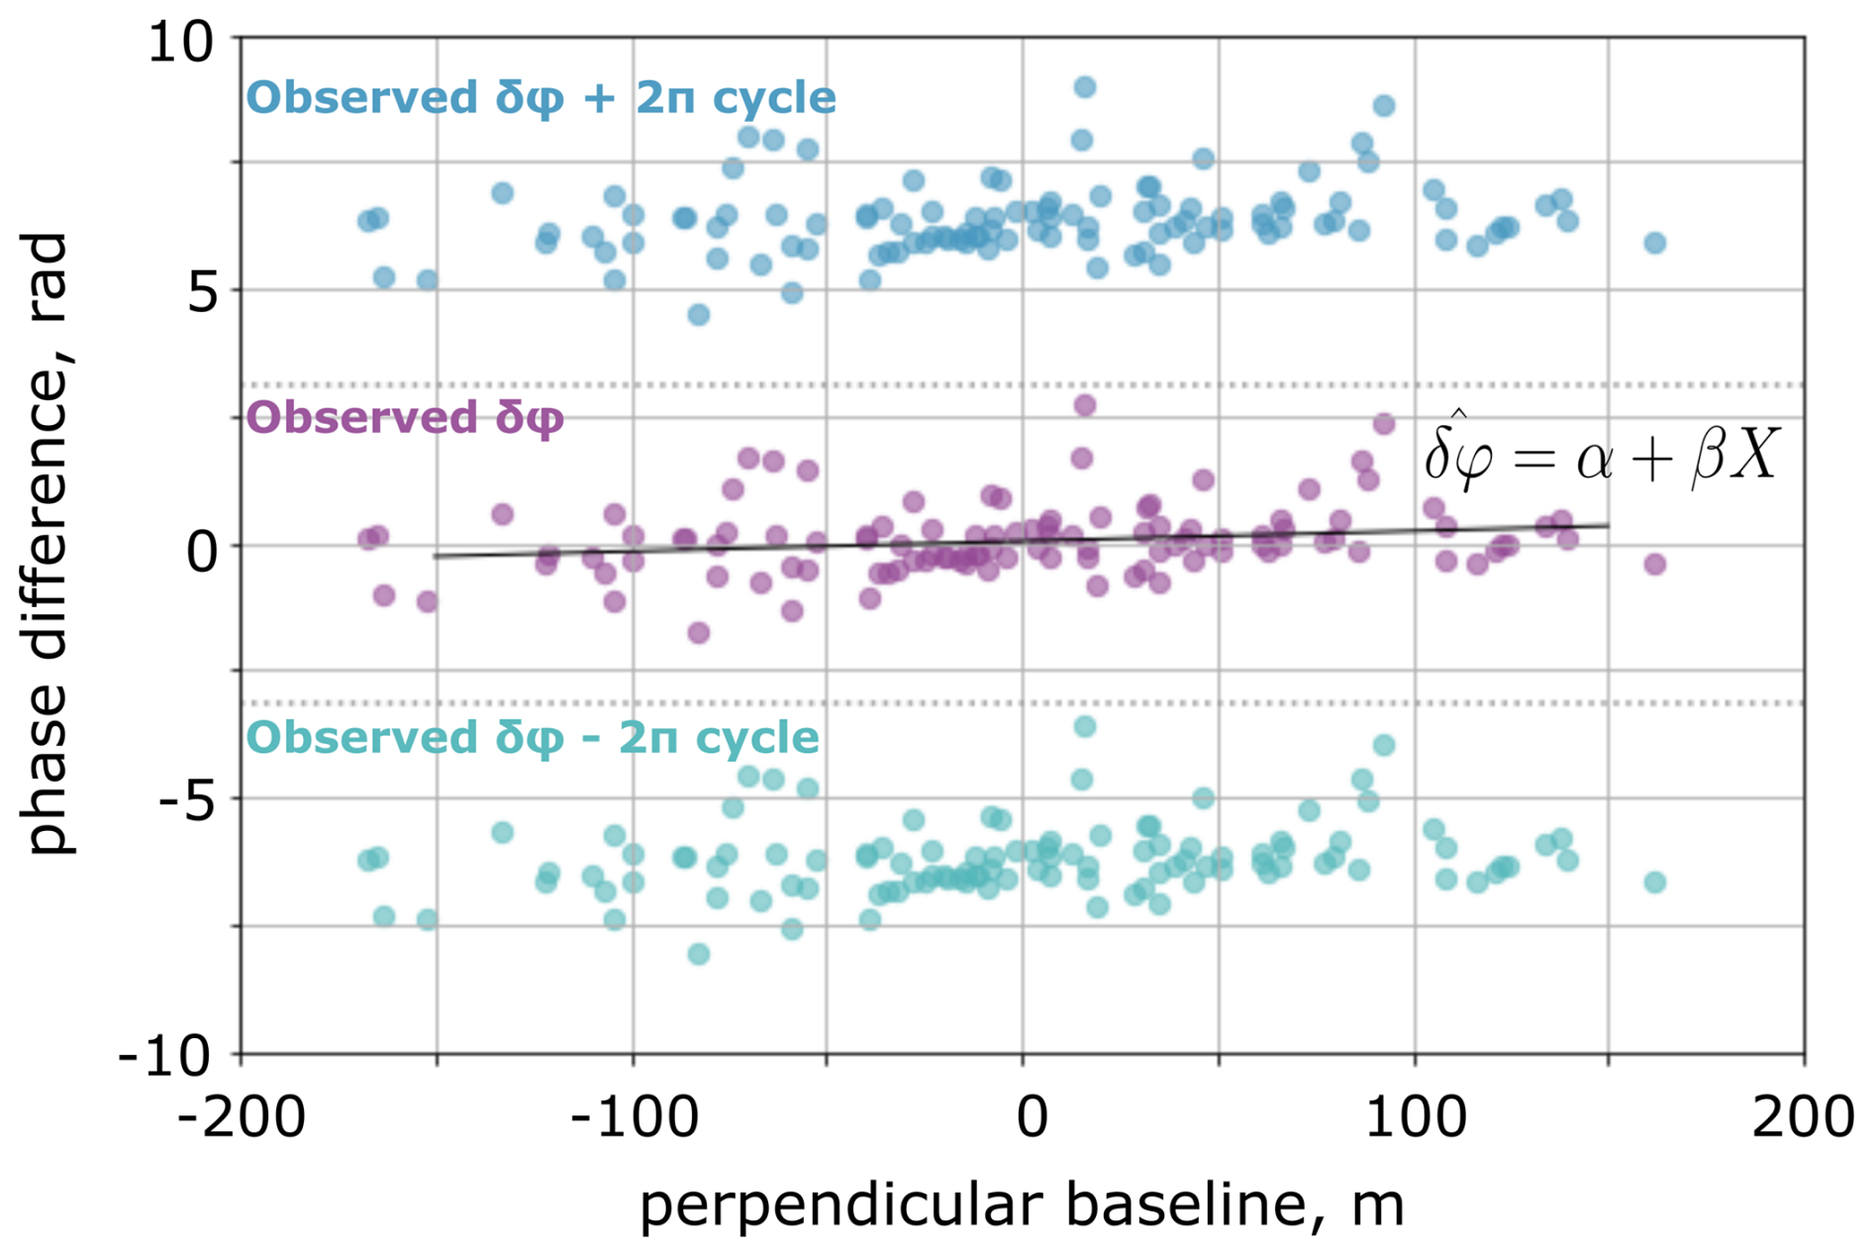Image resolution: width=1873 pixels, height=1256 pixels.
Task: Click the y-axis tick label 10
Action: point(180,45)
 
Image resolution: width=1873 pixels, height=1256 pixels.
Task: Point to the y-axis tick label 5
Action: point(202,292)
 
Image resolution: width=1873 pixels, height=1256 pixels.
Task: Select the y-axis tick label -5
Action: point(187,800)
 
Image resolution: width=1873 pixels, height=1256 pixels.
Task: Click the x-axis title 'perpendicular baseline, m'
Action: point(1022,1205)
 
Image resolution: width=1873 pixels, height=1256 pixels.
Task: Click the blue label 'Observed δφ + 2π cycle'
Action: point(541,98)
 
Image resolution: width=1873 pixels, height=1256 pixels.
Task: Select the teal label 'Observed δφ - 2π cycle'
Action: point(533,738)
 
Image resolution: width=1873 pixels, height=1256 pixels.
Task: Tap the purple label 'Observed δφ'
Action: point(405,418)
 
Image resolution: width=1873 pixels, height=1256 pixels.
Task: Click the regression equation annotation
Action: point(1602,455)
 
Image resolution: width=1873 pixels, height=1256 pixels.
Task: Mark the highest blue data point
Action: point(1085,87)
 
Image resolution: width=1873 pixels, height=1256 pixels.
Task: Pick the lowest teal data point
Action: point(699,954)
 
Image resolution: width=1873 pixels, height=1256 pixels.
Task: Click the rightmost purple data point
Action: point(1655,564)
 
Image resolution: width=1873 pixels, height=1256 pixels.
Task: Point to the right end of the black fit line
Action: point(1609,525)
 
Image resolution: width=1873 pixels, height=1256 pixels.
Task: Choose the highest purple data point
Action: point(1085,405)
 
